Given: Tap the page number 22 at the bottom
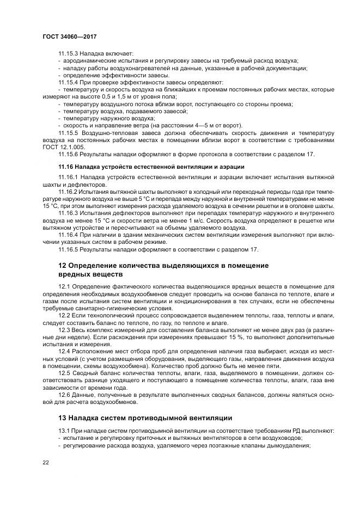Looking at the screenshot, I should (46, 463).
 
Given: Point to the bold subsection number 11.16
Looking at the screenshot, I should (65, 167).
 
